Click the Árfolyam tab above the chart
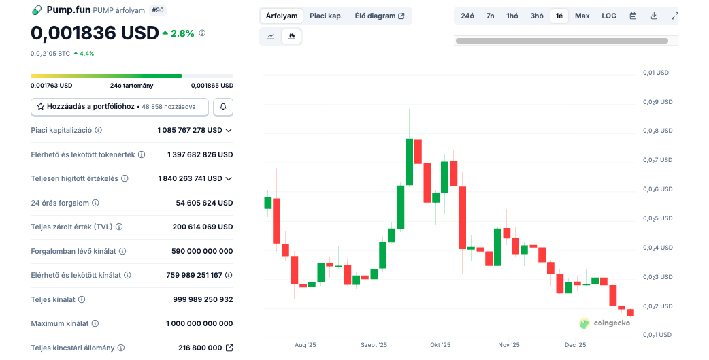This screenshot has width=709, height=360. click(x=282, y=16)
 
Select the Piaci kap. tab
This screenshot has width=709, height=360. click(x=326, y=16)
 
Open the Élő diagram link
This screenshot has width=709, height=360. click(x=379, y=16)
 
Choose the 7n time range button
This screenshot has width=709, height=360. click(x=490, y=16)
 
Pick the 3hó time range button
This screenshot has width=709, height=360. click(x=537, y=16)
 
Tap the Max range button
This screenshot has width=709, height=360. click(x=582, y=16)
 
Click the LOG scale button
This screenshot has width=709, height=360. click(x=609, y=16)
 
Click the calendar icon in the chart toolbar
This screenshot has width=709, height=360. click(x=633, y=16)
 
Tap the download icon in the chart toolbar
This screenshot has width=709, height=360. click(x=654, y=16)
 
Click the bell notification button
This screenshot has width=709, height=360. click(x=223, y=107)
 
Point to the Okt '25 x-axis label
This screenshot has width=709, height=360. click(x=440, y=345)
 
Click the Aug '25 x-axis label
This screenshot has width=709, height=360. click(x=306, y=345)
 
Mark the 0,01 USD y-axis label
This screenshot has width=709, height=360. click(x=655, y=73)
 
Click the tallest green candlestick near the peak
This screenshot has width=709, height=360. click(x=410, y=162)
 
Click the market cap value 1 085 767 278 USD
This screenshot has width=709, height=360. click(x=190, y=130)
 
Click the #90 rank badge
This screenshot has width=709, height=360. click(x=157, y=10)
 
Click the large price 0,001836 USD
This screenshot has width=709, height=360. click(x=95, y=33)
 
